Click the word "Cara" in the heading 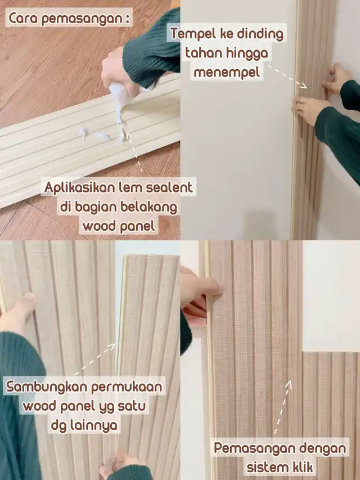point(22,18)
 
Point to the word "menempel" point(227,72)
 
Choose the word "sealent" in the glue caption point(169,187)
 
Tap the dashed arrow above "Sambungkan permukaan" point(96,359)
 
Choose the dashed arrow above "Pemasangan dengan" point(283,407)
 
